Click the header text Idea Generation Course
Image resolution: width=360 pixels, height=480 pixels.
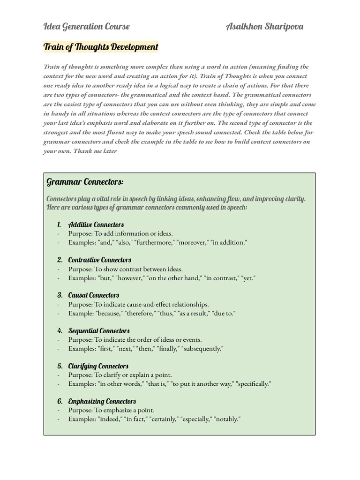pos(86,26)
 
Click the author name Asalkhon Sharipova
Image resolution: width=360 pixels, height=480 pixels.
pos(264,26)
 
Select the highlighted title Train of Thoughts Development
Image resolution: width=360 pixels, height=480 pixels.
pos(101,47)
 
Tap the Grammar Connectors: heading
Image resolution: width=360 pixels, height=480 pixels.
pos(85,181)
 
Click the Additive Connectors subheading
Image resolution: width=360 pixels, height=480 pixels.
pos(96,225)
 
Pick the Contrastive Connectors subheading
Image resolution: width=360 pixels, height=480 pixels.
pos(99,260)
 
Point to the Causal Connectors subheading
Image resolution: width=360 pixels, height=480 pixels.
pos(94,295)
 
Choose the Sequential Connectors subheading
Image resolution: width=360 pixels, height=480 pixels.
pos(99,330)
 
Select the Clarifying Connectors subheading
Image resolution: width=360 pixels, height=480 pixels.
pos(98,366)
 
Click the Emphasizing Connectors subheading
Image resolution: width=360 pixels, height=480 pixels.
pos(102,401)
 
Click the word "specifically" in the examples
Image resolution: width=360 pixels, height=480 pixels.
pos(254,384)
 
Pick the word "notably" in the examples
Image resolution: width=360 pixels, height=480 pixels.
pos(227,419)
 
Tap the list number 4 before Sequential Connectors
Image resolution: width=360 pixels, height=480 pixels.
pos(60,330)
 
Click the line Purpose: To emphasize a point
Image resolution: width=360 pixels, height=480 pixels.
pos(111,410)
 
